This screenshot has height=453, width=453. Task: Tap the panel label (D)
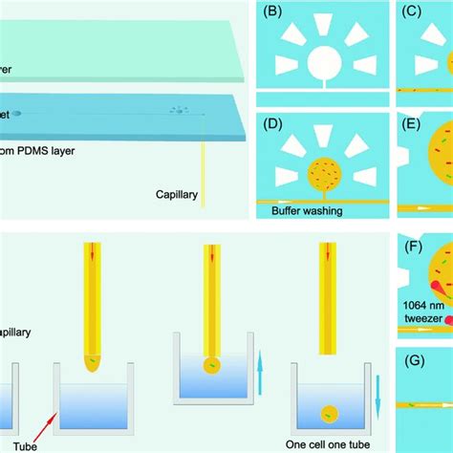[x=272, y=123]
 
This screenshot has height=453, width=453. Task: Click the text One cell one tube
[x=331, y=442]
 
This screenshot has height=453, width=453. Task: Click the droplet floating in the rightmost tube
[x=328, y=414]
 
